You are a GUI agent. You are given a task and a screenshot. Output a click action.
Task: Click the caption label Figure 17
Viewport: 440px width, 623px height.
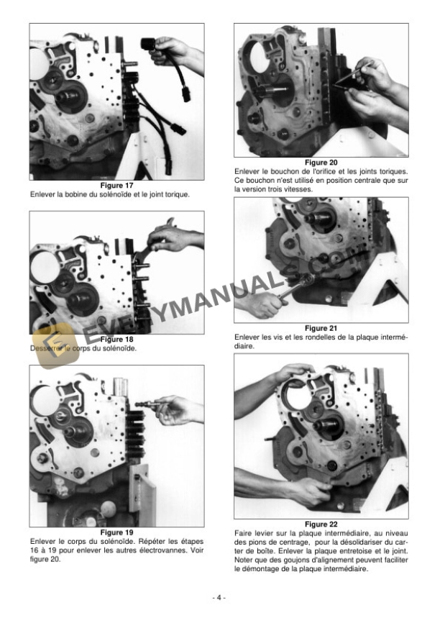(x=116, y=186)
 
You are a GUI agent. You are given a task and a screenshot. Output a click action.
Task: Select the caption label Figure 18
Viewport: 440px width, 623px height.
(x=116, y=339)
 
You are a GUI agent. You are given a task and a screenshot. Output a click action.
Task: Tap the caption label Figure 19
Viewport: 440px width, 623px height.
(x=116, y=532)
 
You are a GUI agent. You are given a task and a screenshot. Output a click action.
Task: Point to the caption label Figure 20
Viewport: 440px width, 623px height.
(x=321, y=163)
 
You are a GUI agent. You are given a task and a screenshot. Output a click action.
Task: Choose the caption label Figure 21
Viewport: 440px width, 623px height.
(x=321, y=328)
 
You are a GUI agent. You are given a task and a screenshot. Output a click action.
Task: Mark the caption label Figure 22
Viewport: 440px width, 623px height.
(x=321, y=524)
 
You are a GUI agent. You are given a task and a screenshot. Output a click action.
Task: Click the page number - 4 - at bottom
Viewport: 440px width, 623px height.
(x=219, y=598)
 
